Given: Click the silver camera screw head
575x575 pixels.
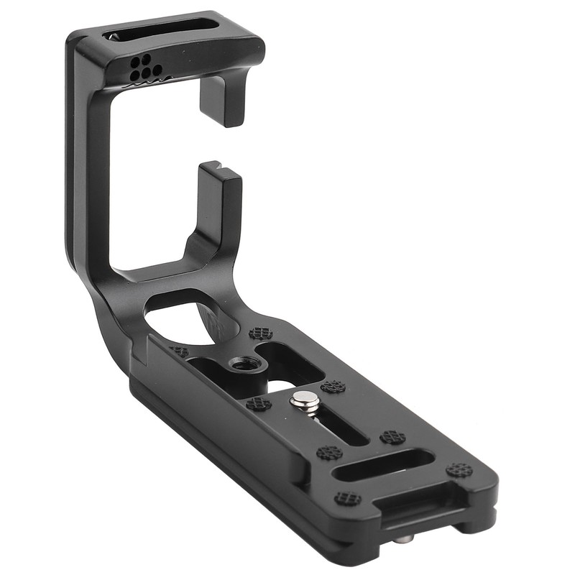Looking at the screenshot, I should tap(308, 399).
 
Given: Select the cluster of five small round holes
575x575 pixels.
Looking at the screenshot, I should tap(144, 66).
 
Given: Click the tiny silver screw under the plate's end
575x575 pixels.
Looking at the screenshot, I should tap(405, 538).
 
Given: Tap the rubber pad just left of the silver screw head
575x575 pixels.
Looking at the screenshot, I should tap(259, 403).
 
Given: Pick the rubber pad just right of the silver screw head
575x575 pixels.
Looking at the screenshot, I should tap(333, 387).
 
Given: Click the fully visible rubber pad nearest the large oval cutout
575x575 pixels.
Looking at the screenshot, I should tap(260, 333).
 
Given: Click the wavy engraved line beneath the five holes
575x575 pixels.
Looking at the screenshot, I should tap(147, 82).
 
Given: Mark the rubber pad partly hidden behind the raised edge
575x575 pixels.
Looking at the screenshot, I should tap(180, 351).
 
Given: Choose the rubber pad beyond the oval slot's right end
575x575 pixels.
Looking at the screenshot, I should tap(459, 471).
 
